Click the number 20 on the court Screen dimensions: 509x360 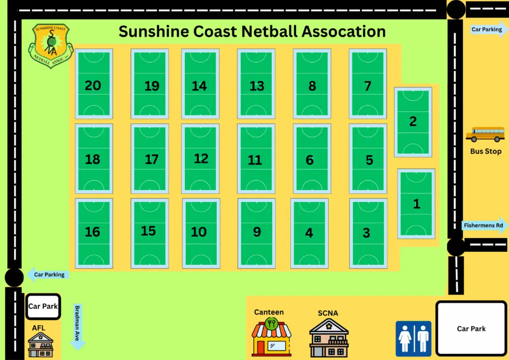93,86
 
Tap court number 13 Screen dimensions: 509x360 256,84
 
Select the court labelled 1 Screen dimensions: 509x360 416,204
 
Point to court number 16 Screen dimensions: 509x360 94,233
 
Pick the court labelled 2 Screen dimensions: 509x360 413,122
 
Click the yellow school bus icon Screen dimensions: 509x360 485,134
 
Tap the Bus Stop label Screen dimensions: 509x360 486,151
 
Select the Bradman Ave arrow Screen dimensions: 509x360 78,327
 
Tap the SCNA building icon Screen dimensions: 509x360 329,338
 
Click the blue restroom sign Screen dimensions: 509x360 413,339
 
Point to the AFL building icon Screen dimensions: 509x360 41,345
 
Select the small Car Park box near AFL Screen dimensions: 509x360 43,306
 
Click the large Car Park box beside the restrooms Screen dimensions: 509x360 471,329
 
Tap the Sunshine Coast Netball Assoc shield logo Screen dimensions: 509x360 51,45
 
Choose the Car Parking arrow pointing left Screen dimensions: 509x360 48,274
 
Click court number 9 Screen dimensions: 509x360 256,233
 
